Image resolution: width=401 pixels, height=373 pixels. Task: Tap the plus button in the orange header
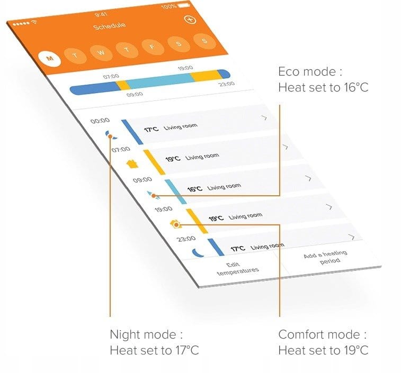[190, 20]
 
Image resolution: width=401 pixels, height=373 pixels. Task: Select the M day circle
[50, 59]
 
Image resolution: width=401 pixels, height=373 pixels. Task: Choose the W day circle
[101, 52]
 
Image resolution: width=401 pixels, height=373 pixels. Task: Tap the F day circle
[153, 47]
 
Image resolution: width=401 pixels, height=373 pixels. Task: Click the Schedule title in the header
[110, 26]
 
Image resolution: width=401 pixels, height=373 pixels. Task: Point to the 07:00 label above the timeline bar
[111, 76]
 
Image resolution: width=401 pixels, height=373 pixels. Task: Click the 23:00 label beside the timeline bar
[227, 84]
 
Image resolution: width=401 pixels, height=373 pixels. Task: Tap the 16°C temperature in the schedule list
[195, 189]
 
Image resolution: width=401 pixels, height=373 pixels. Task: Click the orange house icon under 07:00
[132, 164]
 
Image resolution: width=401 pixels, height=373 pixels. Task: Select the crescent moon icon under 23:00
[198, 253]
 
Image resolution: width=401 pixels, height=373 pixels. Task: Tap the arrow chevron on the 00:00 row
[264, 118]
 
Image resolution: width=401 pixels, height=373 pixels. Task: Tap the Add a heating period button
[326, 257]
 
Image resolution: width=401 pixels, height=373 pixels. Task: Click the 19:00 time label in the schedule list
[163, 210]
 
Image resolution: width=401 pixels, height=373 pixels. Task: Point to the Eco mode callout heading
[310, 72]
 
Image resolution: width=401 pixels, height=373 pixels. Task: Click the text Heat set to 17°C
[154, 350]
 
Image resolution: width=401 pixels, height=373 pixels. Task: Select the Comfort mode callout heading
[322, 335]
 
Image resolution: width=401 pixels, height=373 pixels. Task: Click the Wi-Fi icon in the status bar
[34, 22]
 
